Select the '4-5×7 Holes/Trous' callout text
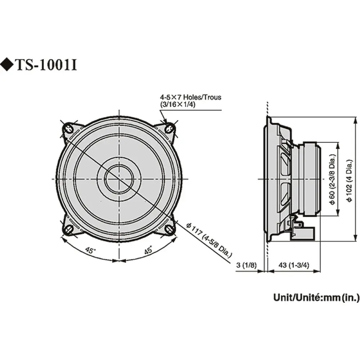191,97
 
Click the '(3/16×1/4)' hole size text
180,104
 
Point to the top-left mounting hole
68,127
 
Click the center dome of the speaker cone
118,178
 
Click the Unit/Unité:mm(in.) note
316,297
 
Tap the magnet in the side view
310,179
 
